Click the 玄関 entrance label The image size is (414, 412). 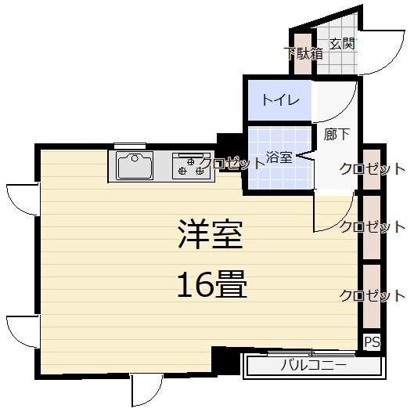pos(342,43)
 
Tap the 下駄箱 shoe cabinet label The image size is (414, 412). pos(302,54)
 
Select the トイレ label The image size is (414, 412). pos(278,100)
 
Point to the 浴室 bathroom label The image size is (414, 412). pos(279,156)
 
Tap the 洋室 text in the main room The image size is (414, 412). pos(210,233)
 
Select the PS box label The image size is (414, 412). pos(372,342)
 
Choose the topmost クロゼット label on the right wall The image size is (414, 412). pos(372,168)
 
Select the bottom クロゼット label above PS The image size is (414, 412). pos(372,295)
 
